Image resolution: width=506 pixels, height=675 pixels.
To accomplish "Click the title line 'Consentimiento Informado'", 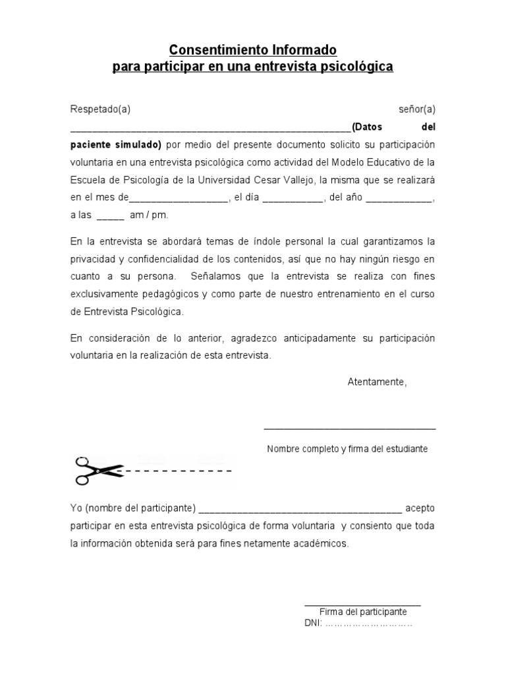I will pos(253,50).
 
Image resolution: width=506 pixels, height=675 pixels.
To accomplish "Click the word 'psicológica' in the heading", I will pos(358,67).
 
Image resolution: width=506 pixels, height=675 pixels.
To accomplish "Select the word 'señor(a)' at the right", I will pos(416,109).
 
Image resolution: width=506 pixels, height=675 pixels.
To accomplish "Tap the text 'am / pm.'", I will pos(149,215).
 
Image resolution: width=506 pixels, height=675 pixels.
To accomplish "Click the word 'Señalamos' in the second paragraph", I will pos(208,276).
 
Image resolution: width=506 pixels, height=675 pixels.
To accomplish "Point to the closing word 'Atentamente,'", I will pos(377,382).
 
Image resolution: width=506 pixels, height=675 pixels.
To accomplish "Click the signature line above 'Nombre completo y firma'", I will pos(349,429).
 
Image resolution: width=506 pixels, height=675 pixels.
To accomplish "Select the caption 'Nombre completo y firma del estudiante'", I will pos(347,449).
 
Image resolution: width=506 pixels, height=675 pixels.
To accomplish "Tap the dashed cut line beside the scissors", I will pos(178,471).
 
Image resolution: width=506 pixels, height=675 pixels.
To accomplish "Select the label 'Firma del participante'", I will pos(362,612).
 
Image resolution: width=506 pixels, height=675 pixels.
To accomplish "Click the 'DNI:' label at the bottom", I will pos(313,624).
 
